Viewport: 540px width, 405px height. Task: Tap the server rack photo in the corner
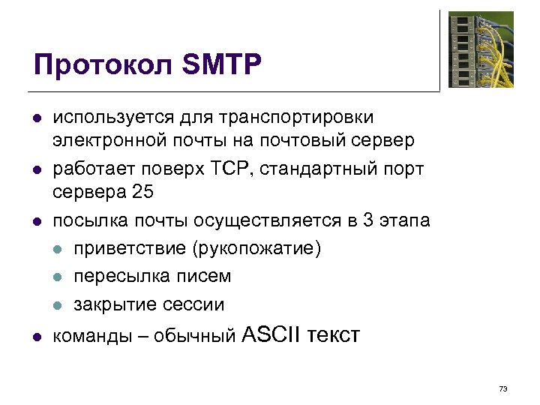point(481,49)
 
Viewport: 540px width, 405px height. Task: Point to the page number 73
point(502,388)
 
